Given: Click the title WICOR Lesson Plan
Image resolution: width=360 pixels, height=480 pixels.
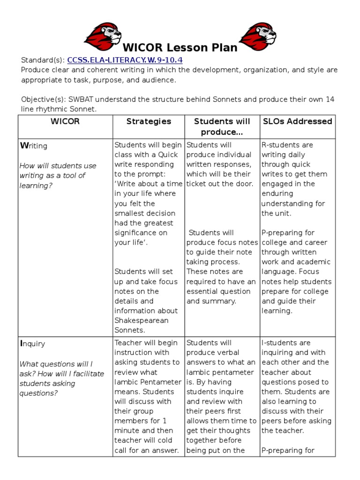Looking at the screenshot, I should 180,48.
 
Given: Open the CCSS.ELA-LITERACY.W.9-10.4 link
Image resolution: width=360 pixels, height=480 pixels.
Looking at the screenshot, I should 125,60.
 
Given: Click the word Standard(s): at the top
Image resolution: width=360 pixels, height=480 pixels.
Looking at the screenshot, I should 43,60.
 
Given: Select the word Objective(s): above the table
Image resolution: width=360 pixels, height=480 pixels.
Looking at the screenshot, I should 44,99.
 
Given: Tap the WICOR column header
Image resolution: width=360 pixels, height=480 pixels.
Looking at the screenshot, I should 65,121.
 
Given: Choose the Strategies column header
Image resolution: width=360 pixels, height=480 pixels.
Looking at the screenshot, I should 149,121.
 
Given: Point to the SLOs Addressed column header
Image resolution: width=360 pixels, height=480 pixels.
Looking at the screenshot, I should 297,121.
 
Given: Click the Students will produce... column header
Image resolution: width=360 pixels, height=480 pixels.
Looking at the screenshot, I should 222,127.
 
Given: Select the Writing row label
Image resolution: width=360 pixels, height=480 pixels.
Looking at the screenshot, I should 33,146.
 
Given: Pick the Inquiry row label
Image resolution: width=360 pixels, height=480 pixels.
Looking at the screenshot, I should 32,344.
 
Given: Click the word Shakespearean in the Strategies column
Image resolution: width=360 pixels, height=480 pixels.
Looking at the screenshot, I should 141,321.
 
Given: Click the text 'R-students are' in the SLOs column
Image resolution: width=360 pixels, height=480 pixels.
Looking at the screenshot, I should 287,145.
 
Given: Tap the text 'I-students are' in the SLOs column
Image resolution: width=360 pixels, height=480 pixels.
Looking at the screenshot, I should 286,343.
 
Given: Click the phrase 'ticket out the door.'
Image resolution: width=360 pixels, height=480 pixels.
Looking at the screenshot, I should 220,184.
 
